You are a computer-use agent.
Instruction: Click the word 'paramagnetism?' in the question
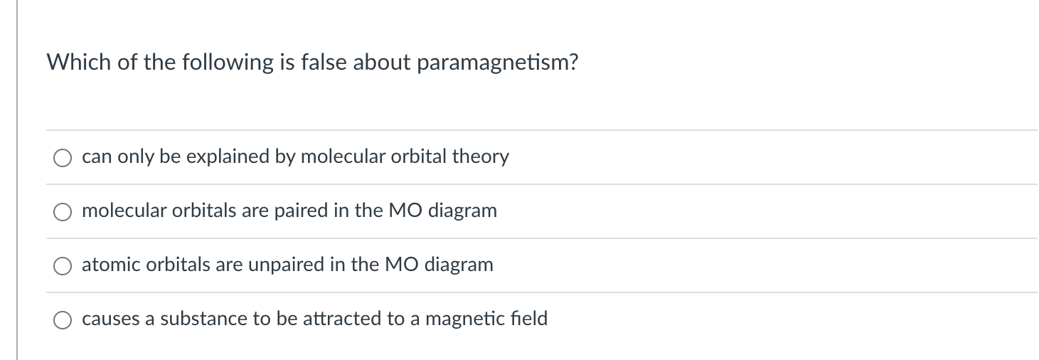(497, 63)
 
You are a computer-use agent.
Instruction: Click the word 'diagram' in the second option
(462, 211)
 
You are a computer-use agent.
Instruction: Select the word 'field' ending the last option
(530, 319)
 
